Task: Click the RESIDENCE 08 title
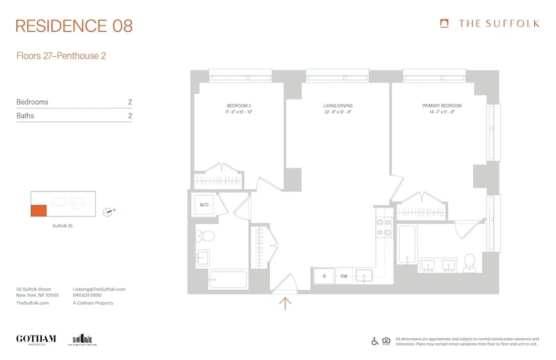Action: pos(74,26)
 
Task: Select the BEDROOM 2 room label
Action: pos(239,106)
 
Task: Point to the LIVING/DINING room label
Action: pos(337,106)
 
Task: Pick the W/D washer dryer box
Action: pos(203,205)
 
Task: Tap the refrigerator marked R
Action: pos(324,275)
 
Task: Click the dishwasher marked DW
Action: pos(344,275)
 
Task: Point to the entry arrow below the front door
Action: pos(285,303)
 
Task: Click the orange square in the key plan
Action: pos(38,211)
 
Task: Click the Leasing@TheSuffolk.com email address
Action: pos(99,289)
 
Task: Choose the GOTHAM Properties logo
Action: pos(36,339)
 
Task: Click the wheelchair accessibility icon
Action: pos(375,341)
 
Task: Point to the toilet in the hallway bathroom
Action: pos(207,236)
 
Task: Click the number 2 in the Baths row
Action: pos(130,116)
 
